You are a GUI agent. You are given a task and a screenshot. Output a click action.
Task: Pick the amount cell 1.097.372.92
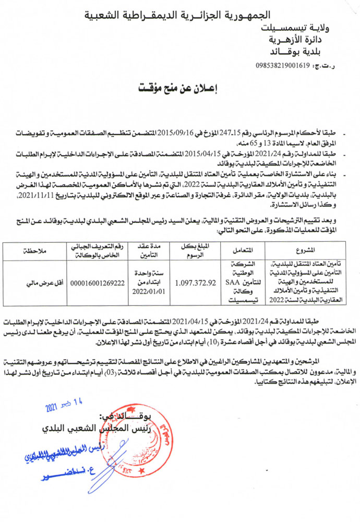[196, 283]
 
